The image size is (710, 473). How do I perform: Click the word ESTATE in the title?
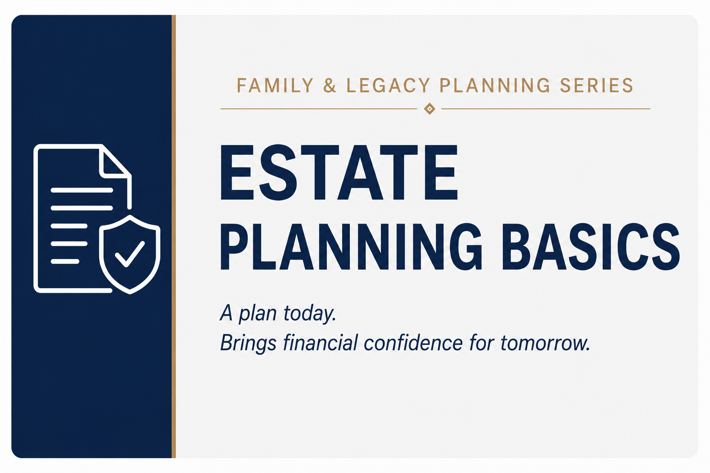point(339,172)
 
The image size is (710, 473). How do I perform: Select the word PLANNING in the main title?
point(351,247)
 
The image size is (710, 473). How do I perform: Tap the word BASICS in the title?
point(591,247)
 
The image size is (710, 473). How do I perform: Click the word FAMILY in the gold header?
point(275,85)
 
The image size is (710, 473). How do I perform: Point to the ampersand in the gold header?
point(330,85)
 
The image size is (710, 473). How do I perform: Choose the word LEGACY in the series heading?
point(388,85)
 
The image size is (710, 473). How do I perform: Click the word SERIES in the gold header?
point(597,85)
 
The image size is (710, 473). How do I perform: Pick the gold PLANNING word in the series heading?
point(495,85)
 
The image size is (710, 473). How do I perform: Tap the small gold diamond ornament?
point(429,109)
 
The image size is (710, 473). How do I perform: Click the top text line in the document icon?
point(82,190)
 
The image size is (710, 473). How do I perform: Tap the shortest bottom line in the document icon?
point(65,261)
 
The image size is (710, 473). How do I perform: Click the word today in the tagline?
point(309,313)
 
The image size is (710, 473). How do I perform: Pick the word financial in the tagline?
point(320,342)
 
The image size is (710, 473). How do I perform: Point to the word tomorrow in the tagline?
point(545,343)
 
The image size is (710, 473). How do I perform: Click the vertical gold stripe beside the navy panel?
point(174,236)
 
